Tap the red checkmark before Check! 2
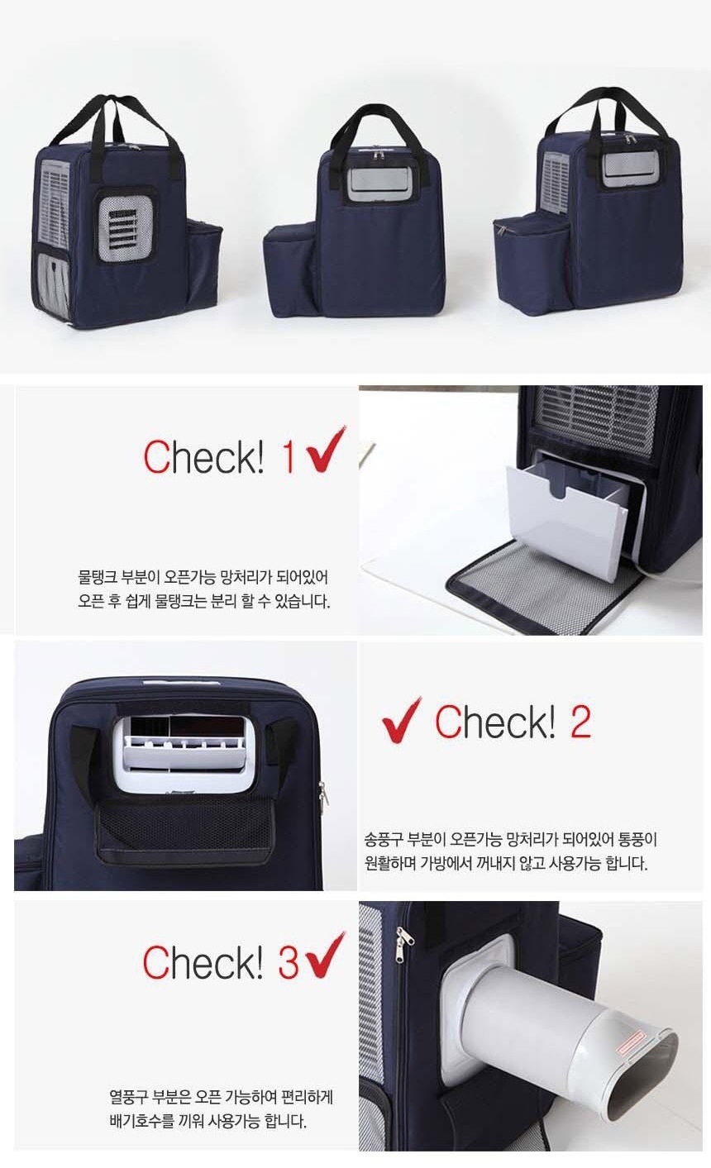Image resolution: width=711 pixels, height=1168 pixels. click(x=401, y=721)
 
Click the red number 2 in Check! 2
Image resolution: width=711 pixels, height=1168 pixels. click(x=580, y=722)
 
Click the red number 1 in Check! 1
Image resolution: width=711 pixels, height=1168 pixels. click(x=289, y=457)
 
